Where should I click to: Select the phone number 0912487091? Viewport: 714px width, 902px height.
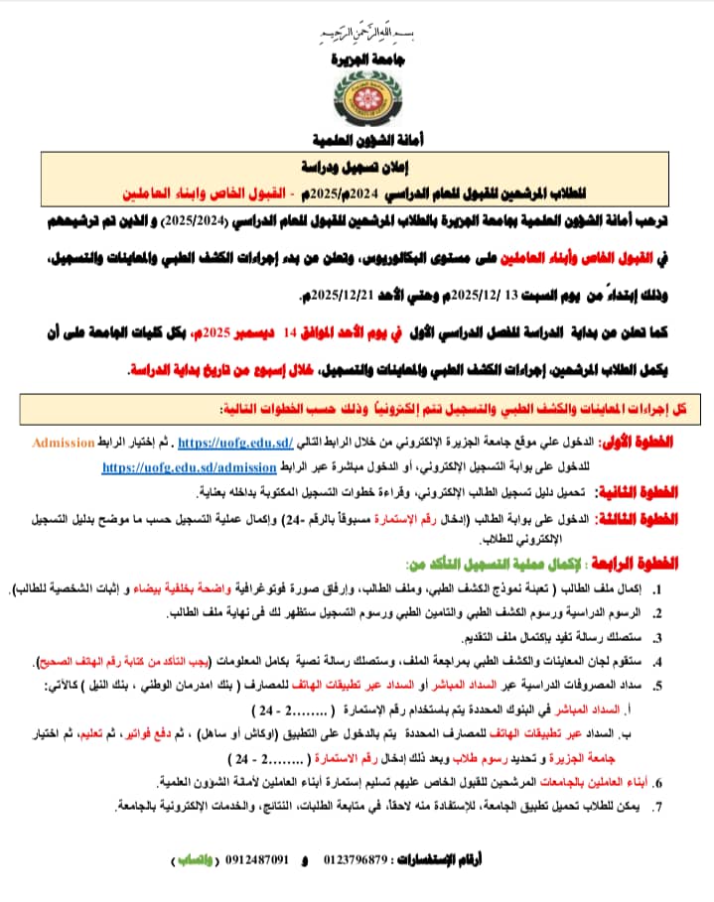257,858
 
